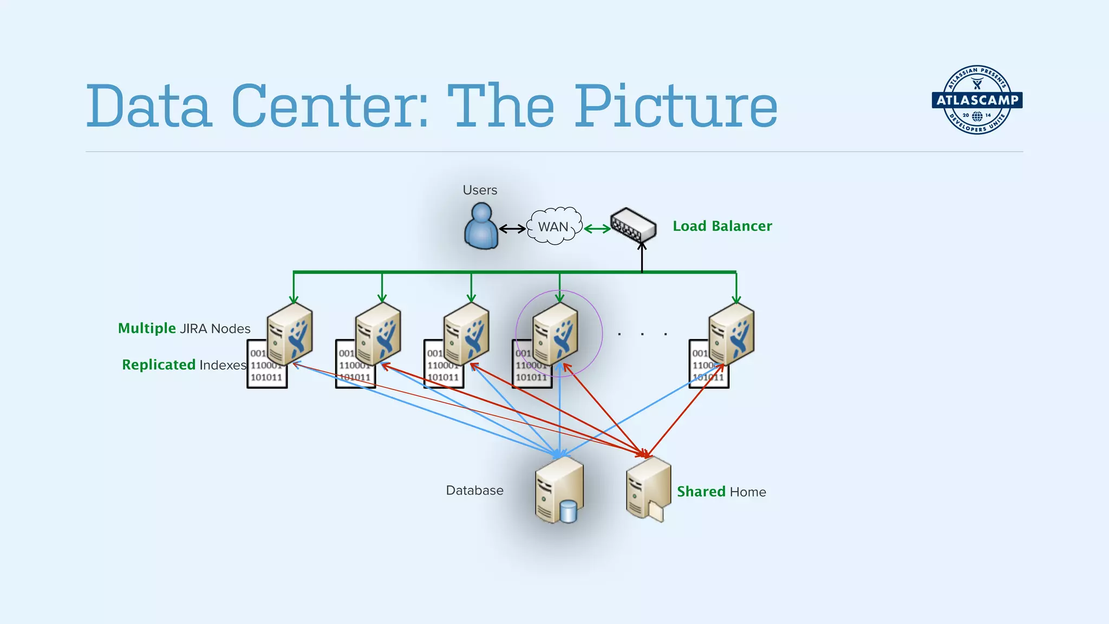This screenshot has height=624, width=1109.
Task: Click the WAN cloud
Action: click(x=553, y=226)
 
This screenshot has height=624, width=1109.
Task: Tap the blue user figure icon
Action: click(x=481, y=227)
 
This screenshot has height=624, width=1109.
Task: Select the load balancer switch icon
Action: click(x=632, y=225)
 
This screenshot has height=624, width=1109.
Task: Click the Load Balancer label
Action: click(x=722, y=226)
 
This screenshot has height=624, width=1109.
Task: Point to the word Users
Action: click(x=480, y=190)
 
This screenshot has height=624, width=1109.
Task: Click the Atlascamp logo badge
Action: click(x=977, y=100)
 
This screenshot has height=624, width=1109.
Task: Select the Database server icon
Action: click(x=558, y=489)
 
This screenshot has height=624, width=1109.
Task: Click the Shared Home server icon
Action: click(x=648, y=488)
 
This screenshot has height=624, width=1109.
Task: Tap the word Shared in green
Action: click(x=701, y=491)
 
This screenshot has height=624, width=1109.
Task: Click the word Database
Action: click(x=474, y=490)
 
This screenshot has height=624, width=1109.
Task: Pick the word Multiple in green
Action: click(x=147, y=328)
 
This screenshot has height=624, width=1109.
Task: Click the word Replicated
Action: click(x=159, y=365)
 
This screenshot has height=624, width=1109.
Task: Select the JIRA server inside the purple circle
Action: click(x=555, y=333)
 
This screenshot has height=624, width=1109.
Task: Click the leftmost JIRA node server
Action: click(x=290, y=333)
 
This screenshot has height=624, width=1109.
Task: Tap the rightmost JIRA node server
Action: click(x=731, y=333)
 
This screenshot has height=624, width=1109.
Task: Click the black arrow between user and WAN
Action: click(x=512, y=229)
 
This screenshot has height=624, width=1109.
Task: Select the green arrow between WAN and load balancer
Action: click(x=597, y=229)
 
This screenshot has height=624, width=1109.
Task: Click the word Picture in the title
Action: click(x=675, y=107)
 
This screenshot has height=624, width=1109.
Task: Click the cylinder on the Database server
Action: click(x=568, y=511)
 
